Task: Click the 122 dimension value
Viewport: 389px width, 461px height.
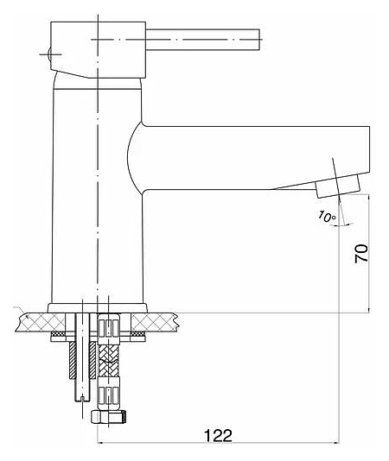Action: [218, 435]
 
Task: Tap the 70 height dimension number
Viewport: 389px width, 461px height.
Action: [361, 253]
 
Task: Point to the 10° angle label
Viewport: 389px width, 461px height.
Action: [327, 217]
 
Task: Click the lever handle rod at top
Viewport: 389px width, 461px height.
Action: [202, 40]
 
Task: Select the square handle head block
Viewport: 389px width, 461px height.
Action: [98, 49]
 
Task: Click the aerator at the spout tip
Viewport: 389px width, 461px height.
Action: [338, 186]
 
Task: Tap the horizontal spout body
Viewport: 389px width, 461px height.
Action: [251, 158]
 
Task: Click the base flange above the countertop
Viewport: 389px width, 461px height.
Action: [97, 308]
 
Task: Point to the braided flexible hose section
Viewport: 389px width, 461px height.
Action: [108, 361]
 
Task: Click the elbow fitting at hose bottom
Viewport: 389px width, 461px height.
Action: [109, 417]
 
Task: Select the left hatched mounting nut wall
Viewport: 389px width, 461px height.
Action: [72, 361]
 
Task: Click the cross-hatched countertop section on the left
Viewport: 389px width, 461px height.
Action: [41, 322]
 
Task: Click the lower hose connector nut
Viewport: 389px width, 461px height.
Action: [108, 394]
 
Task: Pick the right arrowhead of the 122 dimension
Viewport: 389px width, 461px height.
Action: [336, 442]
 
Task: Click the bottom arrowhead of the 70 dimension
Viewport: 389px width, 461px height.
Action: [368, 309]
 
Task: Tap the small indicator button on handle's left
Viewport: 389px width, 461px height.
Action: [49, 54]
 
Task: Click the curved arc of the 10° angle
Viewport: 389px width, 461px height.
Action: [341, 225]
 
